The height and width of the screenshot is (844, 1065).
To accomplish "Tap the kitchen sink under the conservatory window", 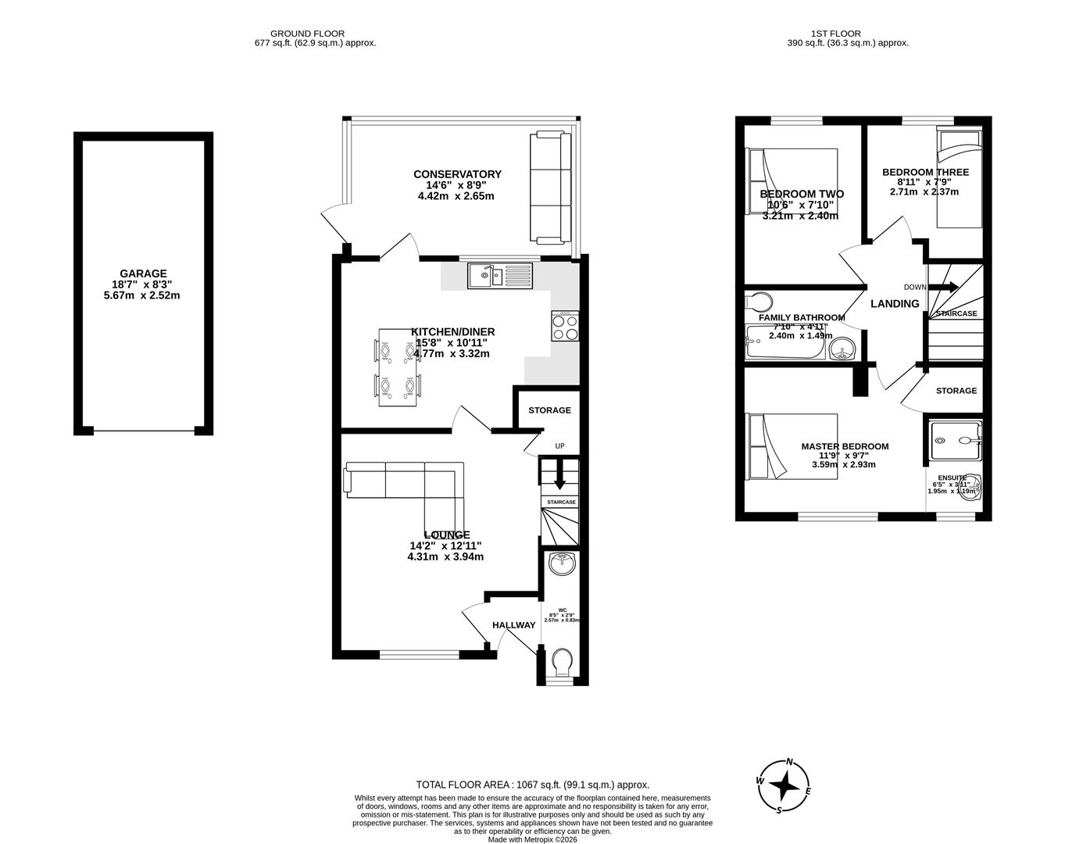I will [x=499, y=276].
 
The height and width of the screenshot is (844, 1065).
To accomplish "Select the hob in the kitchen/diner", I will [x=566, y=325].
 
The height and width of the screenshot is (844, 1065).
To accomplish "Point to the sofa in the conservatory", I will [x=550, y=188].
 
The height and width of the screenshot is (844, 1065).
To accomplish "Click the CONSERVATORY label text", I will [x=457, y=174].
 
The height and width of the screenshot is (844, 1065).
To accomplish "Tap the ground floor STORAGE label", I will [x=549, y=410].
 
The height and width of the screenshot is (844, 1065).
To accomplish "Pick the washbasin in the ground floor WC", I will [x=562, y=563].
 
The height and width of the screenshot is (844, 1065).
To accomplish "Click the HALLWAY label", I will [x=513, y=625].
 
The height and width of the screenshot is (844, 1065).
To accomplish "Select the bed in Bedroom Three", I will [x=959, y=178].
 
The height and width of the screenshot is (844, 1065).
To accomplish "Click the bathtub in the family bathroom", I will [x=784, y=343].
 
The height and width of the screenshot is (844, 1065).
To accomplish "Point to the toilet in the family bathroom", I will [x=758, y=302].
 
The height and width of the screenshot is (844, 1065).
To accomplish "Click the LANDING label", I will [x=895, y=304].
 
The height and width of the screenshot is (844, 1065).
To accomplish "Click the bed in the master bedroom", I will [x=792, y=446].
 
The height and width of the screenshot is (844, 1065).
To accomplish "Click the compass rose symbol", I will [x=785, y=785].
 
